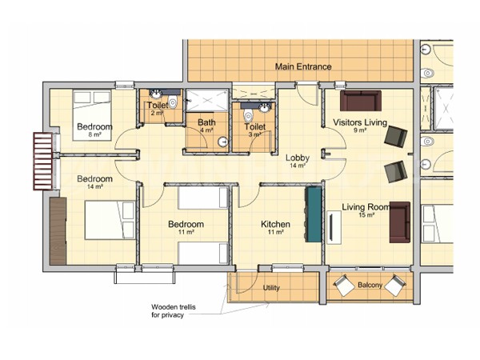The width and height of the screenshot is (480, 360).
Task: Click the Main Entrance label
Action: [x=303, y=66]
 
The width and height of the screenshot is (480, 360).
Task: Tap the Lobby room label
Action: [x=298, y=158]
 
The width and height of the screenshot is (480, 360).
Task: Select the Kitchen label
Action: [x=275, y=224]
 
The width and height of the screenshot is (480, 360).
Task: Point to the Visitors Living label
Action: [x=360, y=122]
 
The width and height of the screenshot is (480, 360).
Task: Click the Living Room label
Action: [x=366, y=207]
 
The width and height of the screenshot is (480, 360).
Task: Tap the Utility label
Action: [x=271, y=288]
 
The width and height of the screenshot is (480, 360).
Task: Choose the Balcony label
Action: [x=370, y=285]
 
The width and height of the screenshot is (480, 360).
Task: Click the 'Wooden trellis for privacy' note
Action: [x=174, y=310]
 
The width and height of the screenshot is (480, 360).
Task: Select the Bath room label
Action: [x=206, y=122]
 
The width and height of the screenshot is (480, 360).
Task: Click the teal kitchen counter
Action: [x=313, y=214]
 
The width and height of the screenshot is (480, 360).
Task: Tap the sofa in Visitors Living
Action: [x=361, y=101]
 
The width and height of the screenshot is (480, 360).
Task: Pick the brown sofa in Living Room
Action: [x=400, y=222]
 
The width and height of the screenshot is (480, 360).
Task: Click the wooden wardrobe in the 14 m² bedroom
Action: [x=58, y=231]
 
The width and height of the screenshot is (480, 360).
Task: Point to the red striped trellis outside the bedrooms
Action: [x=43, y=162]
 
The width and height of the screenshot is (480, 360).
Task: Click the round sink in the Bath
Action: [x=223, y=142]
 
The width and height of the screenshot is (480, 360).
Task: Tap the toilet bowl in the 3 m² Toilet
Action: [x=248, y=116]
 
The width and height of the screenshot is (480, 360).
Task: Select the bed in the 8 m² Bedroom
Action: [x=92, y=115]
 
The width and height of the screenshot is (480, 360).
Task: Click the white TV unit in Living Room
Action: [x=334, y=227]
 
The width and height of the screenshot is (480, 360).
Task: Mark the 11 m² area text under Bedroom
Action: [x=186, y=232]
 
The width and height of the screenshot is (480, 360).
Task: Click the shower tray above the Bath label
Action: [x=207, y=100]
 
